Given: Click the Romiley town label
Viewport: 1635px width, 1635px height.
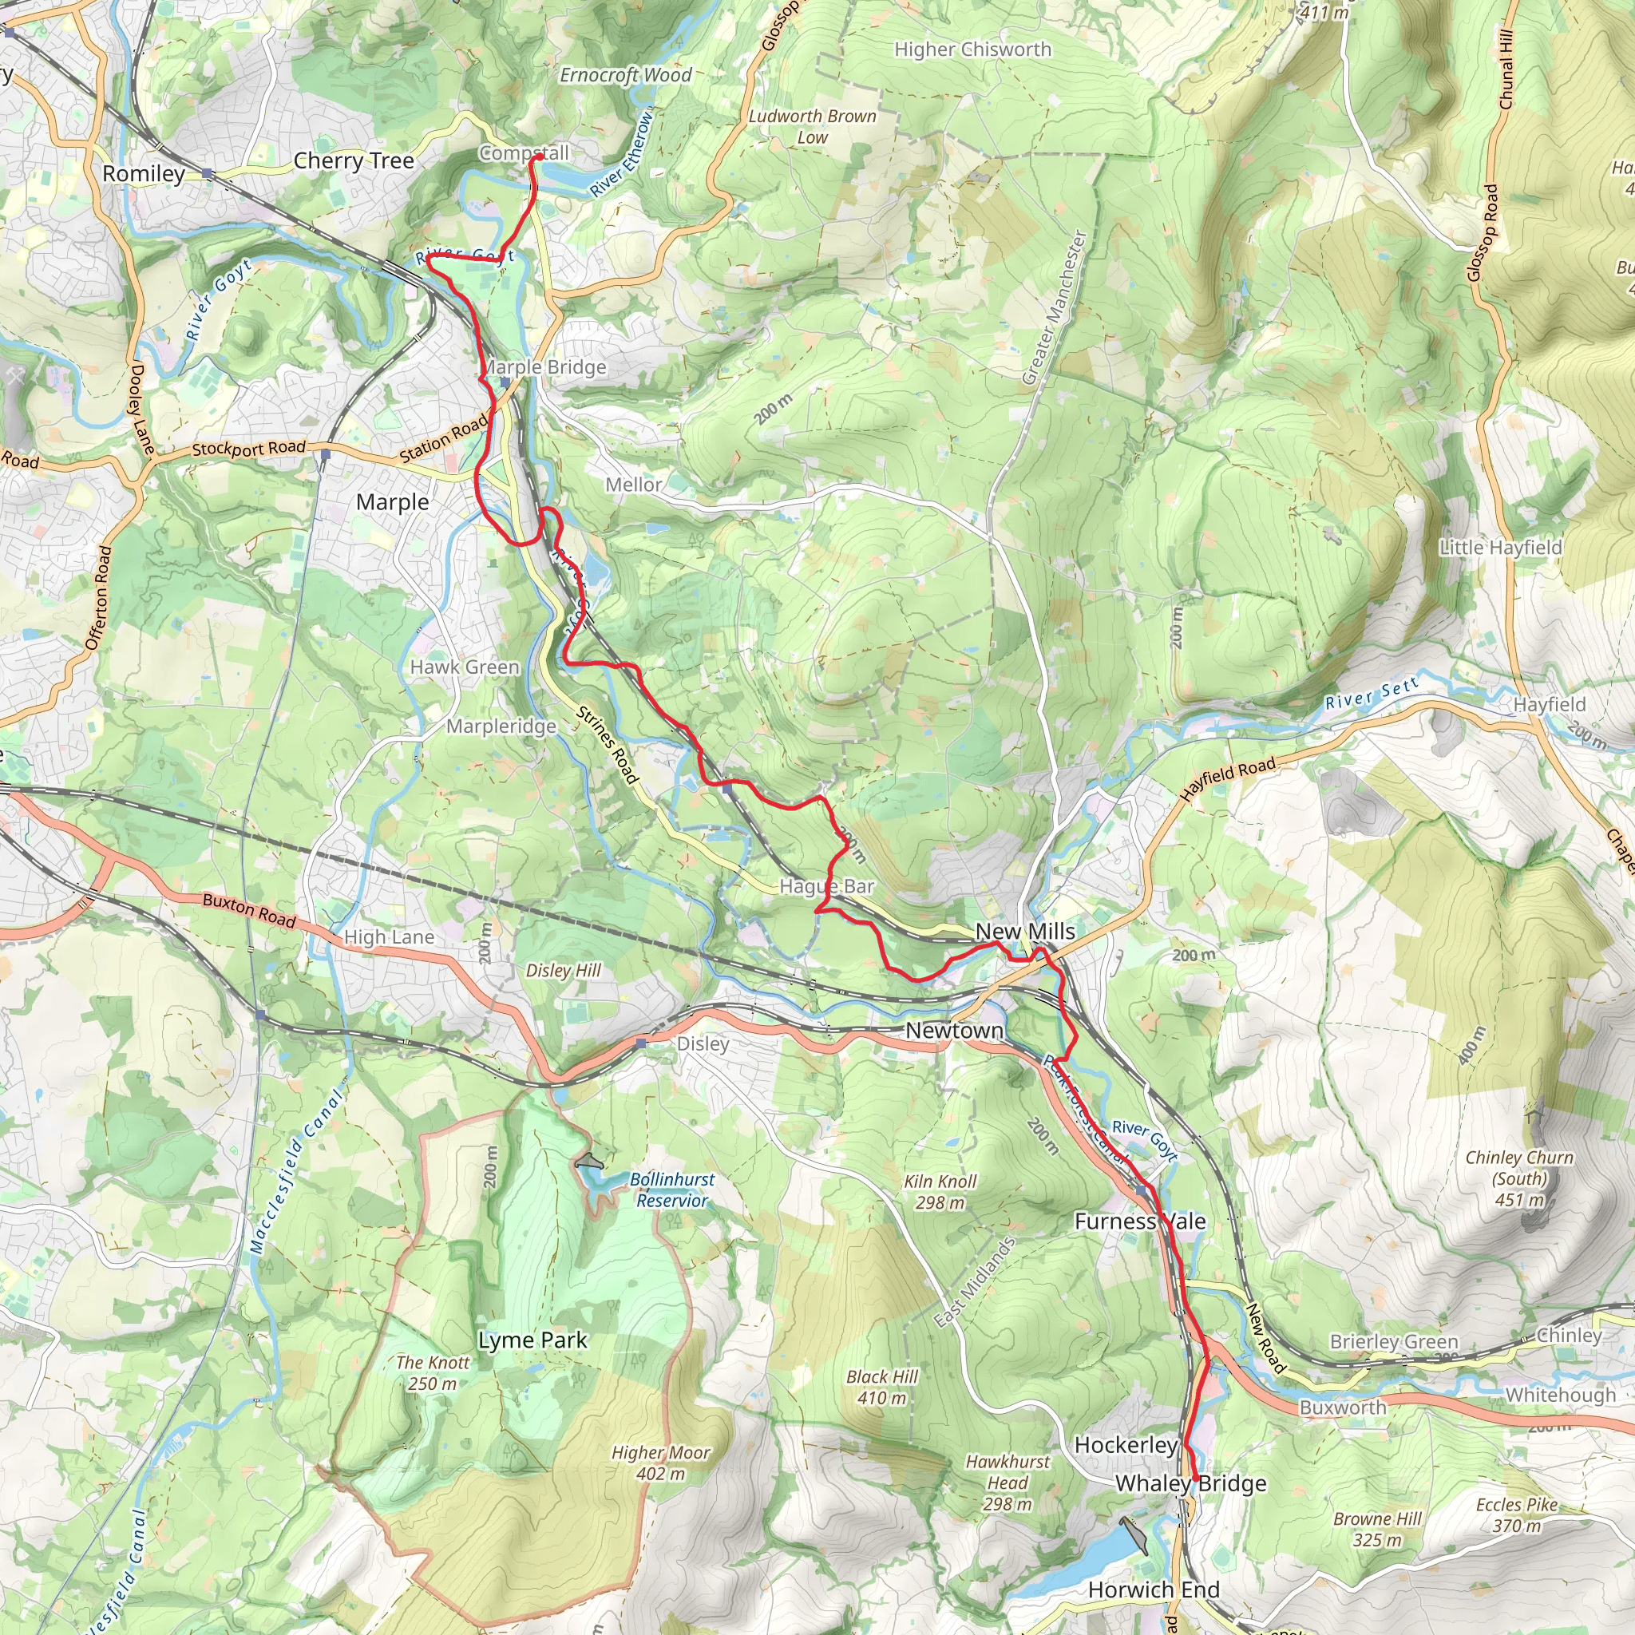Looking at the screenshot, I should point(144,173).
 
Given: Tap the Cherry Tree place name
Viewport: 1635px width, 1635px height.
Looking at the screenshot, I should point(354,160).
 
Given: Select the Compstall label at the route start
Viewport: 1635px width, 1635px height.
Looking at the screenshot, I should point(524,153).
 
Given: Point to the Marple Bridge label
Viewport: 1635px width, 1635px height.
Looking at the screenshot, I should point(546,367).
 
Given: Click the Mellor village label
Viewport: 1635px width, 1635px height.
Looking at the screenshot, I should point(633,485).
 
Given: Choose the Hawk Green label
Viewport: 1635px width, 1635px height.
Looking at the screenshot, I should point(465,667).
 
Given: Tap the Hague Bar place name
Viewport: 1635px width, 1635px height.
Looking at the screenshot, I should point(826,886).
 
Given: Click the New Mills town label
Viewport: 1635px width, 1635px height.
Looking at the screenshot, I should point(1025,932).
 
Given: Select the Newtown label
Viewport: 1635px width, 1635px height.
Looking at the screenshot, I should point(954,1031).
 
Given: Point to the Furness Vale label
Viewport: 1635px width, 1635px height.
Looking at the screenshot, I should point(1140,1221).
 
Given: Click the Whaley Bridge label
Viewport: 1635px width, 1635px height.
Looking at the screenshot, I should point(1190,1483).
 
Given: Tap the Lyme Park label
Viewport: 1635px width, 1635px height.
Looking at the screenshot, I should point(532,1340).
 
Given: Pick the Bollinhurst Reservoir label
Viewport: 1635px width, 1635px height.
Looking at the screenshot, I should point(672,1190).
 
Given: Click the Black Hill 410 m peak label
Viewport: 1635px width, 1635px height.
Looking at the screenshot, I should point(882,1387).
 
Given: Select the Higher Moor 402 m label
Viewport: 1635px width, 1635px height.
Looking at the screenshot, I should point(661,1463).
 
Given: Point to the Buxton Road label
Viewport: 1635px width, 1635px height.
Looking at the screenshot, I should point(249,911).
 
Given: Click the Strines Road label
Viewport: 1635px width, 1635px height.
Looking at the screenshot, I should point(607,745).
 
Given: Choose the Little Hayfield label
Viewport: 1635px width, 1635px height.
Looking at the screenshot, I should point(1500,548).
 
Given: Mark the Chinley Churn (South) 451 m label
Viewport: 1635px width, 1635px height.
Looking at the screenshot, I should point(1519,1178).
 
